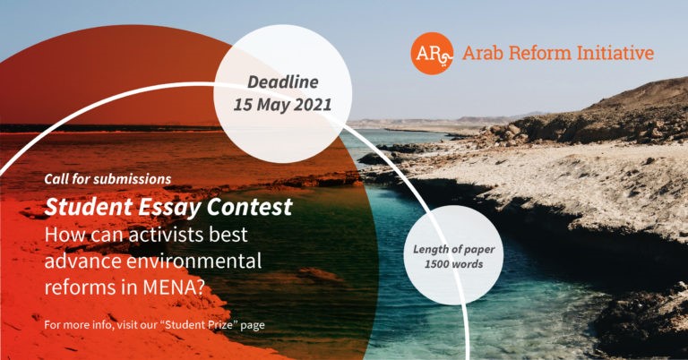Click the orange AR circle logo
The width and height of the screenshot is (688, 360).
[x=432, y=54]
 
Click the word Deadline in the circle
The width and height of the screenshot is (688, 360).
[x=282, y=82]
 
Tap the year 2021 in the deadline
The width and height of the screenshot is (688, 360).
[x=313, y=106]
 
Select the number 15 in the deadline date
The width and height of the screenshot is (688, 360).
[x=243, y=106]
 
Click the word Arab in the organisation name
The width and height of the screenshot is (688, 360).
[x=483, y=54]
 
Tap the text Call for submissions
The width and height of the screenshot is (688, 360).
[x=107, y=179]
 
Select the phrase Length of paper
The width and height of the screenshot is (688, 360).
[x=453, y=250]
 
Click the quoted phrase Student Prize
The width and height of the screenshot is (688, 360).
[x=192, y=325]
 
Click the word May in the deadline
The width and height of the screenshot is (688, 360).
[x=272, y=106]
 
